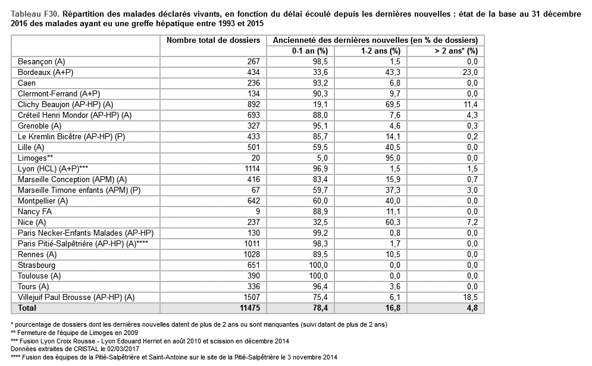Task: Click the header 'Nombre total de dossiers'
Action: (213, 40)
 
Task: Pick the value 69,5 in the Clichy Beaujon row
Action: (392, 104)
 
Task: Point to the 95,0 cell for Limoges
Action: (392, 158)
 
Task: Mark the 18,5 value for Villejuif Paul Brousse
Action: (471, 297)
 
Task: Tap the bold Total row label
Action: (27, 308)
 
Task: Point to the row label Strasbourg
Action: (36, 265)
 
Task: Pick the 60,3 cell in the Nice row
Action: (392, 222)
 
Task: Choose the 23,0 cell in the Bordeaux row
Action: (471, 72)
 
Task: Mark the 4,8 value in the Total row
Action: (472, 308)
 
